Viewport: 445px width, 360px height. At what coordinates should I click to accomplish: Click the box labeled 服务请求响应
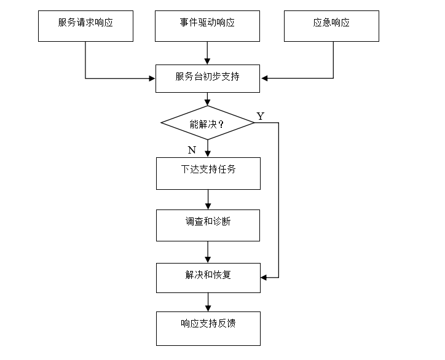coord(85,26)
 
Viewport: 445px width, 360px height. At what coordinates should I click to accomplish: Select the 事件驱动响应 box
coord(207,26)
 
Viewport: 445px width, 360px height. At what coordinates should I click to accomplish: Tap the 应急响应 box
coord(331,26)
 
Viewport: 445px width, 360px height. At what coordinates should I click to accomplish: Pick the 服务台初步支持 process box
coord(208,79)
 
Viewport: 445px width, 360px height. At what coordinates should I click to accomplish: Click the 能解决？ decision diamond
coord(208,123)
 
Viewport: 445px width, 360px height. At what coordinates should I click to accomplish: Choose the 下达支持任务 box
coord(208,174)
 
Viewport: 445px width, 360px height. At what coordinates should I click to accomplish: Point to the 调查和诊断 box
coord(208,225)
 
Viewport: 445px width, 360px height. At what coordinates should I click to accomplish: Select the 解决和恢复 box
coord(208,278)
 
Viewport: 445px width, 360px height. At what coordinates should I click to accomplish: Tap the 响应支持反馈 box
coord(208,329)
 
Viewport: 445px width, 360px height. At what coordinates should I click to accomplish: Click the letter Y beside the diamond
coord(261,116)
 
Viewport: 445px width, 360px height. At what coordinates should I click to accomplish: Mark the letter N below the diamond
coord(192,150)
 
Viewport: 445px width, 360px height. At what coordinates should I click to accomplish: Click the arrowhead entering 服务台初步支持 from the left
coord(152,79)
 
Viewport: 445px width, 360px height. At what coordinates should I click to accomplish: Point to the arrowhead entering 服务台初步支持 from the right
coord(264,78)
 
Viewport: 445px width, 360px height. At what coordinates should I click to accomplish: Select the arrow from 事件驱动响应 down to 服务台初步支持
coord(208,53)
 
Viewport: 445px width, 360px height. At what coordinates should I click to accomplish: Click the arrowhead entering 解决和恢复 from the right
coord(264,278)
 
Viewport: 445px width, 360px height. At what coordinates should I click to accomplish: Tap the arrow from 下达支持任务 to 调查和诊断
coord(208,200)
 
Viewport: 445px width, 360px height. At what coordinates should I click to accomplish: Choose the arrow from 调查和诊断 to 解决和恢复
coord(208,252)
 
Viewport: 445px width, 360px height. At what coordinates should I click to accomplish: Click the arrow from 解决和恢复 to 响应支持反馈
coord(208,302)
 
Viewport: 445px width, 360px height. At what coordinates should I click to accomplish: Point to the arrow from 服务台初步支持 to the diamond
coord(208,99)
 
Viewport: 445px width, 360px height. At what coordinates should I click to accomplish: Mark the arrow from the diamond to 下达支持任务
coord(208,149)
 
